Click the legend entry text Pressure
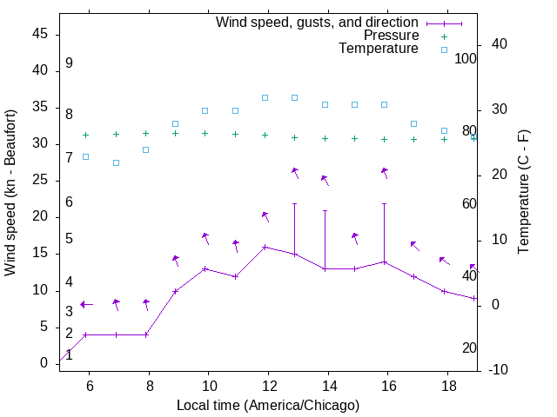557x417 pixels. (391, 36)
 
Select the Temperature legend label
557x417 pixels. (379, 49)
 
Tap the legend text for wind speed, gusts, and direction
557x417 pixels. (318, 22)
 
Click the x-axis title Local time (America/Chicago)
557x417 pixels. (267, 406)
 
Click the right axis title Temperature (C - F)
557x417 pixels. (523, 192)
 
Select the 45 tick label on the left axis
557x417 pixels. (40, 34)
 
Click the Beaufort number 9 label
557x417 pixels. (69, 63)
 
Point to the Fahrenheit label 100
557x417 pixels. (466, 59)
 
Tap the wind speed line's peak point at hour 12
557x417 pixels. (265, 247)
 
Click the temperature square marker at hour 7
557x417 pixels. (116, 162)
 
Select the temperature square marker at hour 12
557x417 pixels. (265, 97)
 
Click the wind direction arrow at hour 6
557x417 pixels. (85, 304)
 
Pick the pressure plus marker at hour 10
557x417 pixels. (205, 133)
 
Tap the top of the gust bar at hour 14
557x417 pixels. (325, 210)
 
